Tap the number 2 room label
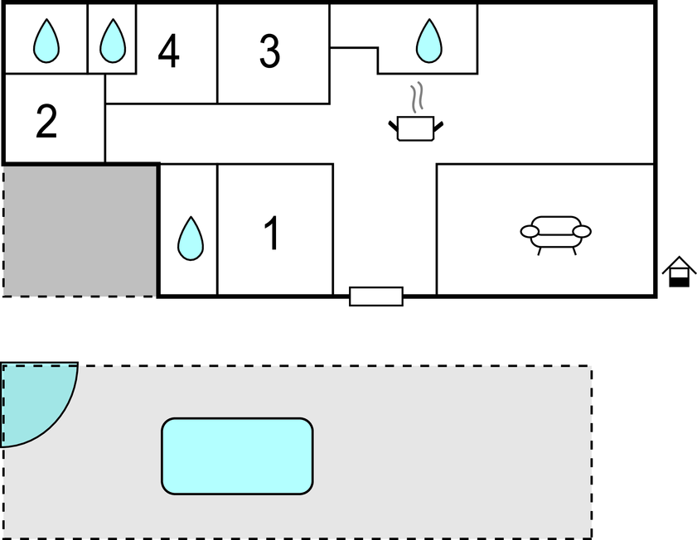coord(46,121)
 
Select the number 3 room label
coord(269,51)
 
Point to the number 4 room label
coord(168,51)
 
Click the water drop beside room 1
coord(191,239)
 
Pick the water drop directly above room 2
coord(46,41)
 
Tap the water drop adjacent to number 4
coord(112,41)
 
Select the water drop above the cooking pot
coord(428,41)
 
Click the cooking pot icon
coord(415,128)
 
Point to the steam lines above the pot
coord(419,97)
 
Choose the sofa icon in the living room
coord(555,233)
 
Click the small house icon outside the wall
coord(679,271)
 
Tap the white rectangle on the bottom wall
coord(376,296)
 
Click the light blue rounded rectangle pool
coord(237,456)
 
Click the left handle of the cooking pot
coord(393,126)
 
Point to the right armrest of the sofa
coord(582,231)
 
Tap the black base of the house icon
coord(679,282)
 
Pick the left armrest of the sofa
coord(530,231)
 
